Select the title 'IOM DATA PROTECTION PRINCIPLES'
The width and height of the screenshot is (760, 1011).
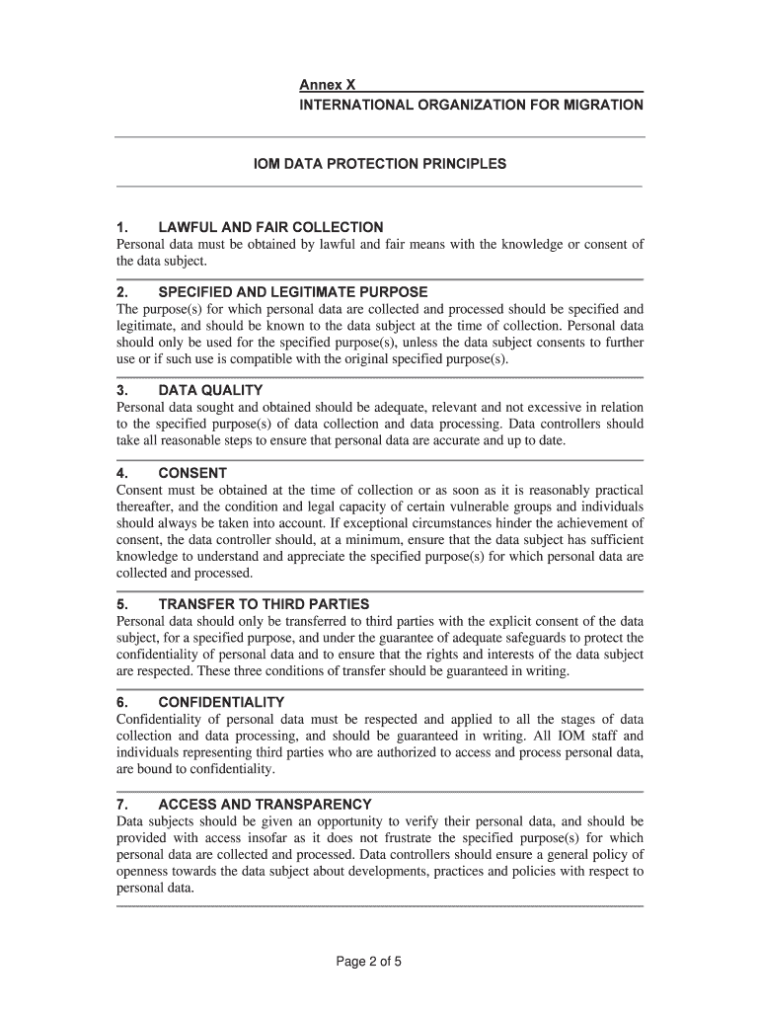pos(380,163)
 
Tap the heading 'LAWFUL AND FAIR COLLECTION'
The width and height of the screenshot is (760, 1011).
pos(270,227)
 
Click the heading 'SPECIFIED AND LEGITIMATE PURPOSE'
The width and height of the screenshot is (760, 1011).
pos(292,292)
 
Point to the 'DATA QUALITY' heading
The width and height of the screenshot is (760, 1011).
pos(210,390)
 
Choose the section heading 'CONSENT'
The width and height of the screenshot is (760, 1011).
pos(192,473)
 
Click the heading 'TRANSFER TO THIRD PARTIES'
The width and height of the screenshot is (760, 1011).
pos(264,603)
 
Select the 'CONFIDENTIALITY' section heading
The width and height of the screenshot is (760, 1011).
pos(221,702)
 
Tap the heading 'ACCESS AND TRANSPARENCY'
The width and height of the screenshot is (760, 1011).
pos(265,804)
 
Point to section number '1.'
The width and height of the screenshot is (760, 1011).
pos(124,227)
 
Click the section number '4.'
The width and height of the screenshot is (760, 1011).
pos(124,473)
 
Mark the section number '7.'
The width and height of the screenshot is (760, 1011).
pos(124,804)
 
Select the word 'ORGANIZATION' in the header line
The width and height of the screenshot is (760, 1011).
pos(468,104)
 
